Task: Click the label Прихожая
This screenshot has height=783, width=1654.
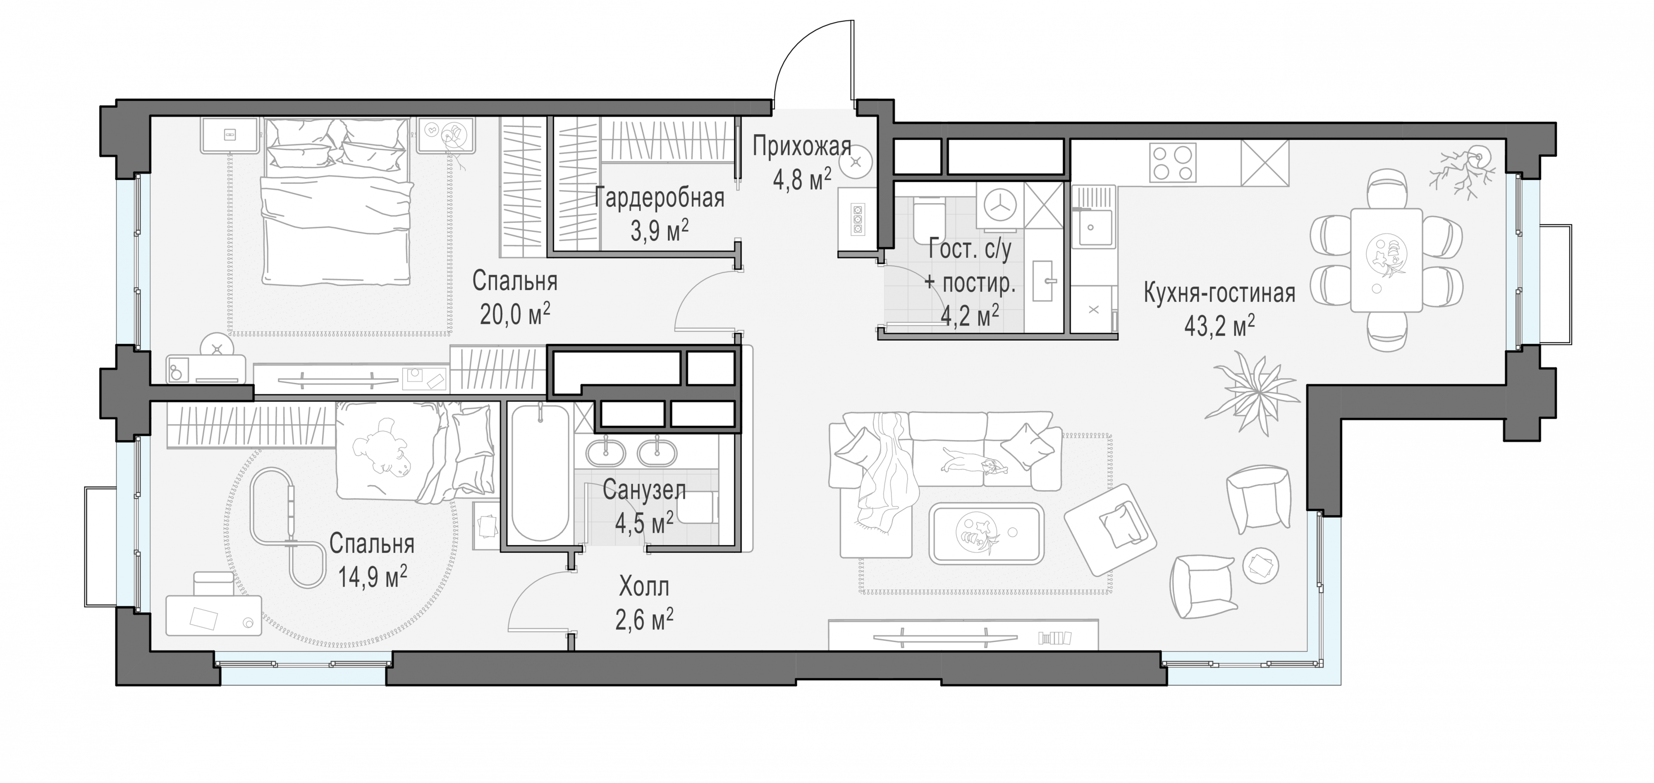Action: (x=802, y=148)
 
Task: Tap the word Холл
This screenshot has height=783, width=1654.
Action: (x=644, y=587)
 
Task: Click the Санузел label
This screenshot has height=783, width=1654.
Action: (x=644, y=491)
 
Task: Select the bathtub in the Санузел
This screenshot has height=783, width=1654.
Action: (x=540, y=473)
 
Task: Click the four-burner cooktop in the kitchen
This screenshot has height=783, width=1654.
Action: (x=1173, y=163)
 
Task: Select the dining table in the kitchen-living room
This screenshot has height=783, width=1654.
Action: (x=1386, y=259)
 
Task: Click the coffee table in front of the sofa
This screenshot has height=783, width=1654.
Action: (x=987, y=533)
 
